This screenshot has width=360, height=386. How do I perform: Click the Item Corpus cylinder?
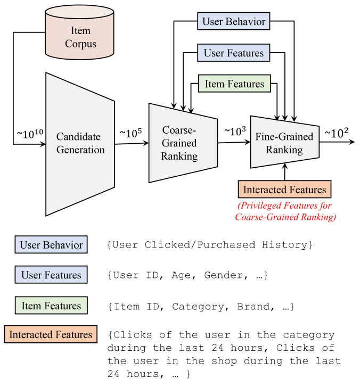coord(79,32)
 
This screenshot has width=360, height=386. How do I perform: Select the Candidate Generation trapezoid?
coord(80,144)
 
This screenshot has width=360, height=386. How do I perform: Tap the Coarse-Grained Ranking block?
coord(183,143)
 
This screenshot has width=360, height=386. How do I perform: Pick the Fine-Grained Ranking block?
coord(285,142)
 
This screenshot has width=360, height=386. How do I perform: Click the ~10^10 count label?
coord(30,134)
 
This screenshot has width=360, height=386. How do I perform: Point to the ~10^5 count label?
coord(131,133)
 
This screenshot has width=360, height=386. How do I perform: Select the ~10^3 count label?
coord(235,131)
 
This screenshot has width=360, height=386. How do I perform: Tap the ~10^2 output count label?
coord(337,133)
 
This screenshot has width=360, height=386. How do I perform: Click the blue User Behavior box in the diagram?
coord(233,21)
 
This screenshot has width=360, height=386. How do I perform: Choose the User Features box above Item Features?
coord(233,53)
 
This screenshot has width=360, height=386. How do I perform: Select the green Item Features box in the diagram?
coord(234,84)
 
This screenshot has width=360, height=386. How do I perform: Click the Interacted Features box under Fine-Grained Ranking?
coord(284,190)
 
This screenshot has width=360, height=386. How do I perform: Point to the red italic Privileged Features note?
coord(285,211)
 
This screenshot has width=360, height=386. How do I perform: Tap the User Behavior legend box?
coord(51,245)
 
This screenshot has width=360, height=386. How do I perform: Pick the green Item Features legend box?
coord(51,306)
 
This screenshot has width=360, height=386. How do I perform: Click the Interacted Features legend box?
coord(51,334)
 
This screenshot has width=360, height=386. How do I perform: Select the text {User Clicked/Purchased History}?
coord(210,245)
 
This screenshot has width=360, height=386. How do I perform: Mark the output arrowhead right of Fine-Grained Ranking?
coord(352,142)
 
